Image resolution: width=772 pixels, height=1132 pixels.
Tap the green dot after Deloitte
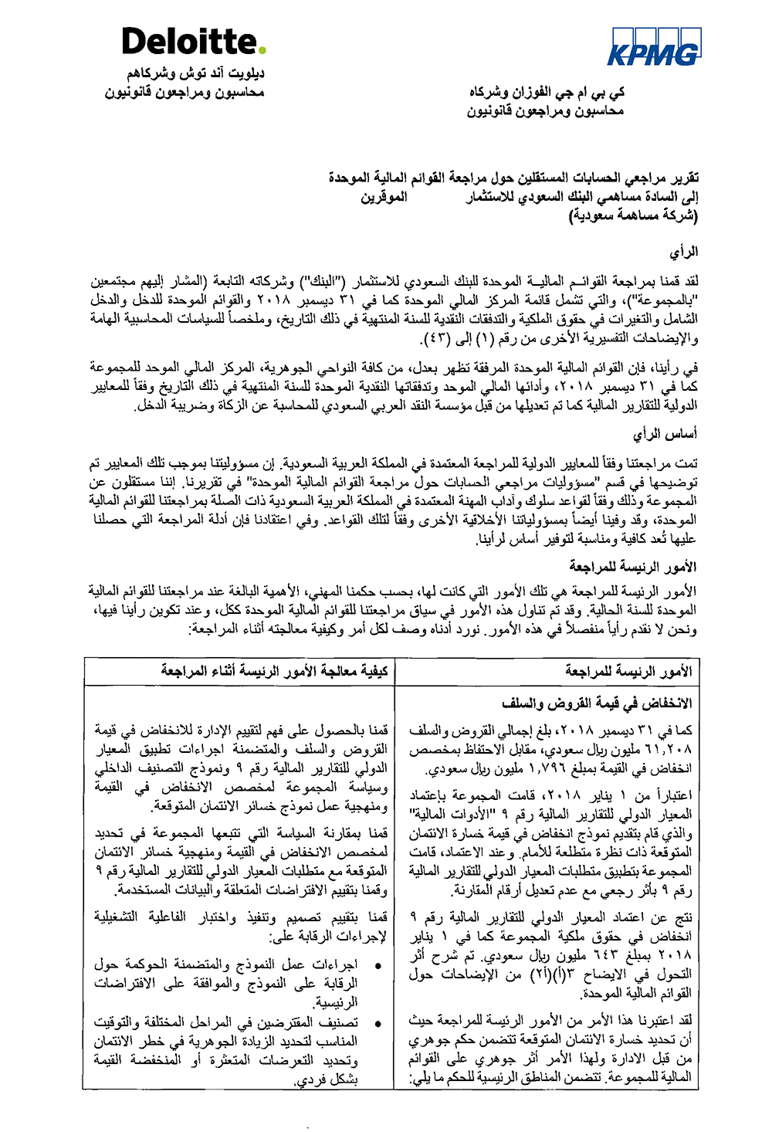click(262, 52)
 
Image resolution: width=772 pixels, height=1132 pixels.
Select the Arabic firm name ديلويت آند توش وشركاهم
click(196, 74)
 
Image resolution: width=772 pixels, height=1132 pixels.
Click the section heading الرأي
click(684, 252)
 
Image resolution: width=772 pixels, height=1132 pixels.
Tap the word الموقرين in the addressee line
click(384, 197)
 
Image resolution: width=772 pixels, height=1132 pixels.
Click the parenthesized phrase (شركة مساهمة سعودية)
click(634, 215)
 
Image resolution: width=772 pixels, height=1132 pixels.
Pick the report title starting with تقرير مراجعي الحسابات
click(513, 178)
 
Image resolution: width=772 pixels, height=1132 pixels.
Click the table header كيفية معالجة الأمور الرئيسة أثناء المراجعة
click(274, 671)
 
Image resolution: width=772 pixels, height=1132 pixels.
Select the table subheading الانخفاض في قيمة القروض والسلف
click(597, 703)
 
